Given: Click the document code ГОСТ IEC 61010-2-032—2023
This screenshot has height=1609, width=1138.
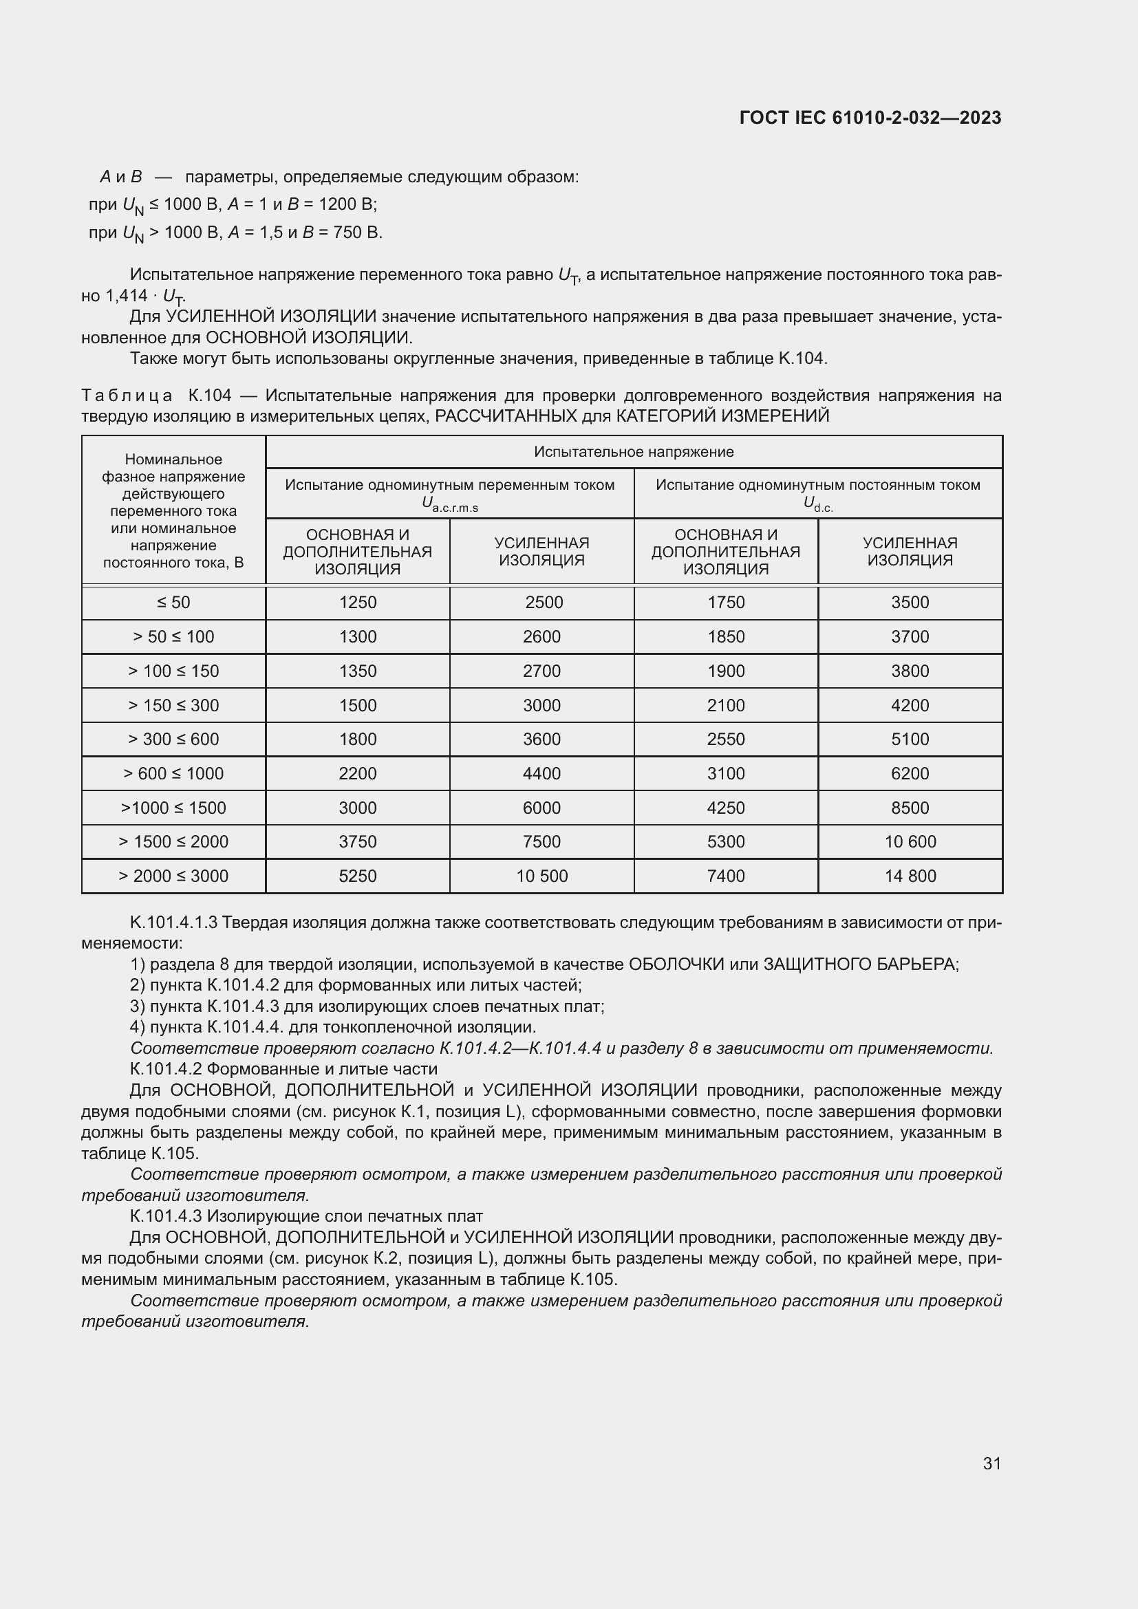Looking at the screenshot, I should pyautogui.click(x=870, y=118).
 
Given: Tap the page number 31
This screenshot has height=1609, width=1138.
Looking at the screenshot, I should pyautogui.click(x=991, y=1463).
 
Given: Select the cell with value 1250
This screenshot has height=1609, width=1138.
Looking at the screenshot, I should pyautogui.click(x=357, y=603).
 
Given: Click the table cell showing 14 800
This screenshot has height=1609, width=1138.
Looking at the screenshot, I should pyautogui.click(x=910, y=876).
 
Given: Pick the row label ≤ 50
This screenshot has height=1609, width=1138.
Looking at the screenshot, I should pyautogui.click(x=173, y=603).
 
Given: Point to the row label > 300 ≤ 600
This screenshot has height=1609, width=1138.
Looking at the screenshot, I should pyautogui.click(x=173, y=739).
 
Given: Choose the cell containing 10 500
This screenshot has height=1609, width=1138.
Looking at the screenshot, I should pyautogui.click(x=541, y=876).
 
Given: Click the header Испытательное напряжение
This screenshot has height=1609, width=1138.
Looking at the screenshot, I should pyautogui.click(x=634, y=452).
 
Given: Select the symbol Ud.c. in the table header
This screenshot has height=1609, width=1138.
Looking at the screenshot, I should pyautogui.click(x=818, y=504).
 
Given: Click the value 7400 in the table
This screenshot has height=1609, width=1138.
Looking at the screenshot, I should pyautogui.click(x=726, y=876).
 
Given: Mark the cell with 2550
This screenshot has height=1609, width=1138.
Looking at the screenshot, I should pyautogui.click(x=726, y=739).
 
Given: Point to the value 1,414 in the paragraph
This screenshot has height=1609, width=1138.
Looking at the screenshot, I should pyautogui.click(x=127, y=296).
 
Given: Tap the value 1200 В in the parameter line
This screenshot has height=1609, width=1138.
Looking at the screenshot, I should pyautogui.click(x=346, y=204).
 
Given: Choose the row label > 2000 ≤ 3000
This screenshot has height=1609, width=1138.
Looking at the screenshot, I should pyautogui.click(x=173, y=876).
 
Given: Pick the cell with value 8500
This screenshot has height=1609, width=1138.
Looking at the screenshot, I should pyautogui.click(x=910, y=808).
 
